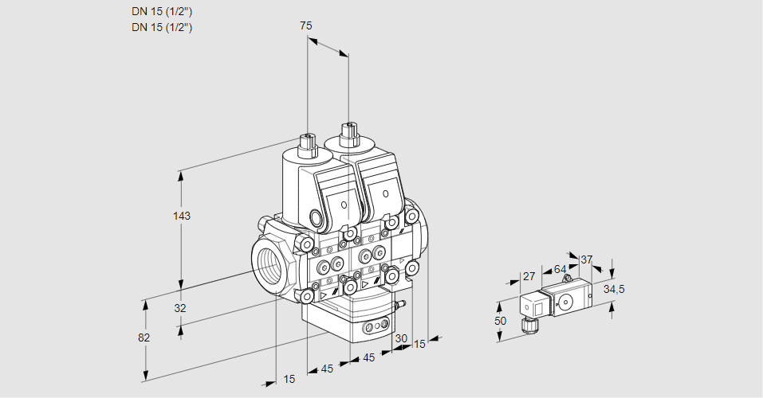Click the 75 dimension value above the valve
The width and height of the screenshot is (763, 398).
tap(306, 26)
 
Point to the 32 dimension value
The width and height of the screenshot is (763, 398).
tap(179, 309)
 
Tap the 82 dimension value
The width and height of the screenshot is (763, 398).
tap(144, 338)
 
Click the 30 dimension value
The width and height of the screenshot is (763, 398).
tap(401, 338)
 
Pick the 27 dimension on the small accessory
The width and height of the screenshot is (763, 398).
tap(528, 277)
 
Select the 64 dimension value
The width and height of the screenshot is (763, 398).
tap(560, 269)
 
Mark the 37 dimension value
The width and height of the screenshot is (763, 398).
tap(587, 259)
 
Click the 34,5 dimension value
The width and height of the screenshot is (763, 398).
tap(613, 289)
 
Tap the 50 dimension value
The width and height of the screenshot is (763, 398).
tap(500, 321)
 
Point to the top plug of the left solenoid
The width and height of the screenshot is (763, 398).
tap(305, 143)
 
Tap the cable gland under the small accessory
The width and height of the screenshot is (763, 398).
tap(526, 324)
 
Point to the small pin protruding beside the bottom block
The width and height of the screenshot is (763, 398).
tap(403, 304)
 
